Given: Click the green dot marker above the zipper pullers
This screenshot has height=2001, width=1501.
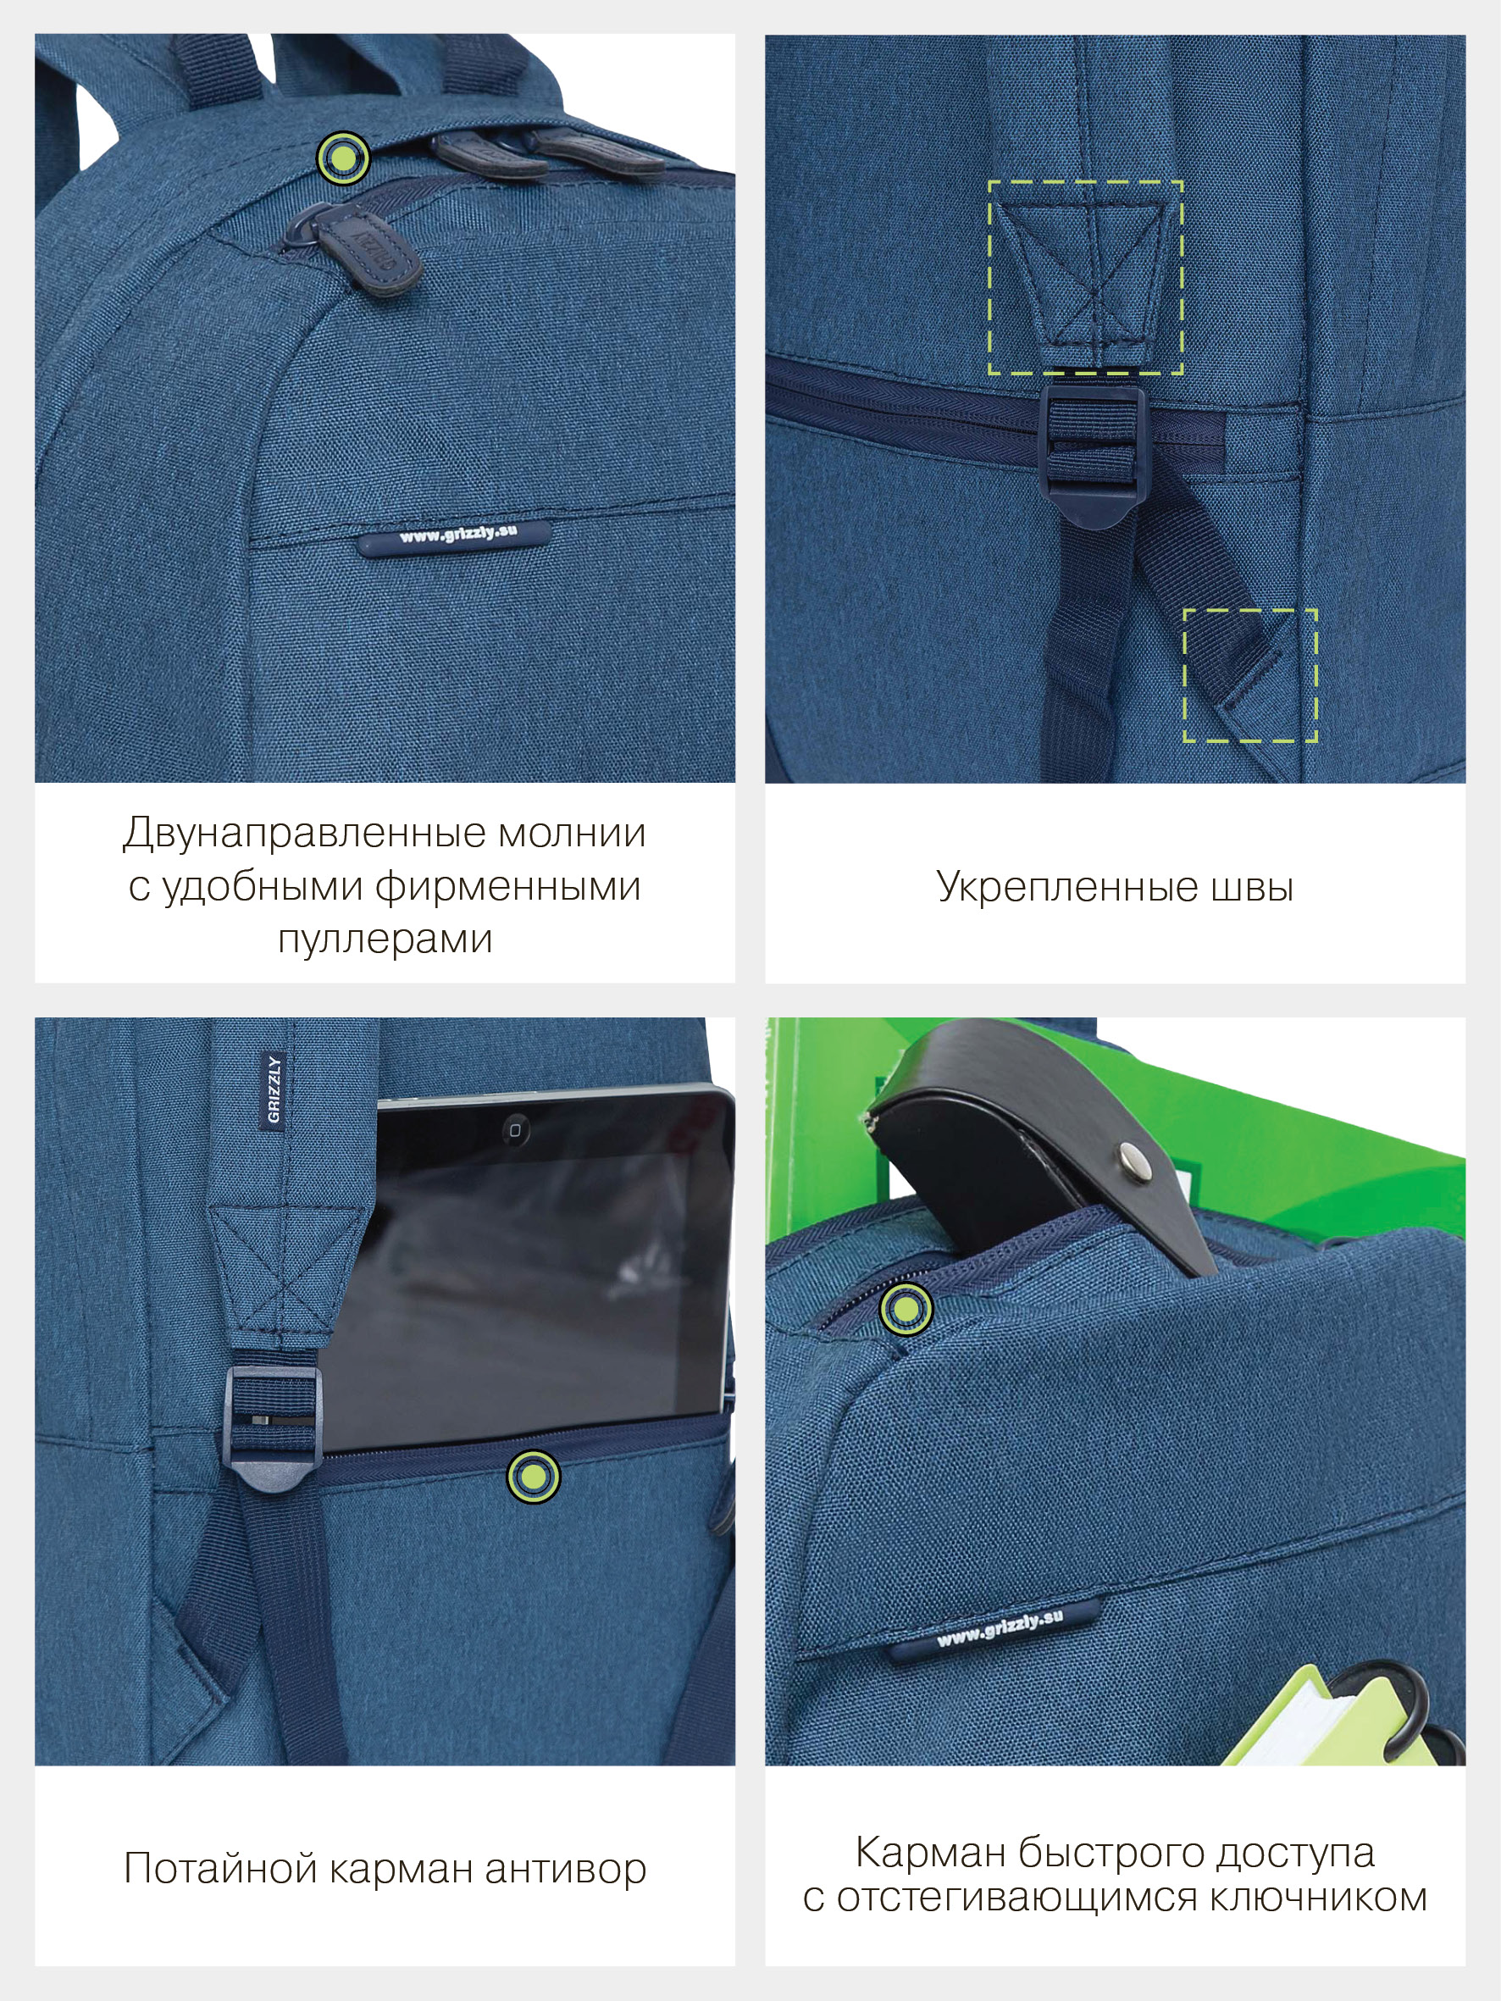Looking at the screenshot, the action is coord(343,158).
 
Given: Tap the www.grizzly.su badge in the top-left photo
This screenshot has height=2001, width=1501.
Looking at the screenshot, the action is coord(453,536).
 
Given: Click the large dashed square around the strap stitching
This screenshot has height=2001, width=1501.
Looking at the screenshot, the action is coord(1085,277).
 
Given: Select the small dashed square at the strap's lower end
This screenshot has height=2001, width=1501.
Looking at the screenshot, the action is coord(1249,676).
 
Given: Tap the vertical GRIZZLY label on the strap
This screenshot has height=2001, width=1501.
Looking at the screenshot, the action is coord(274,1089).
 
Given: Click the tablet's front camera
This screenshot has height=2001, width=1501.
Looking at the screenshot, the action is coord(514,1130).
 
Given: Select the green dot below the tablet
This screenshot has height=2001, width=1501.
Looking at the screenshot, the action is coord(533,1477).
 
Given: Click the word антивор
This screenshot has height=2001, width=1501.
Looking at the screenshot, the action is coord(566,1868).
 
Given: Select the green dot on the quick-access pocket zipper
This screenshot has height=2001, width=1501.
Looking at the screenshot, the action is coord(905,1308).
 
